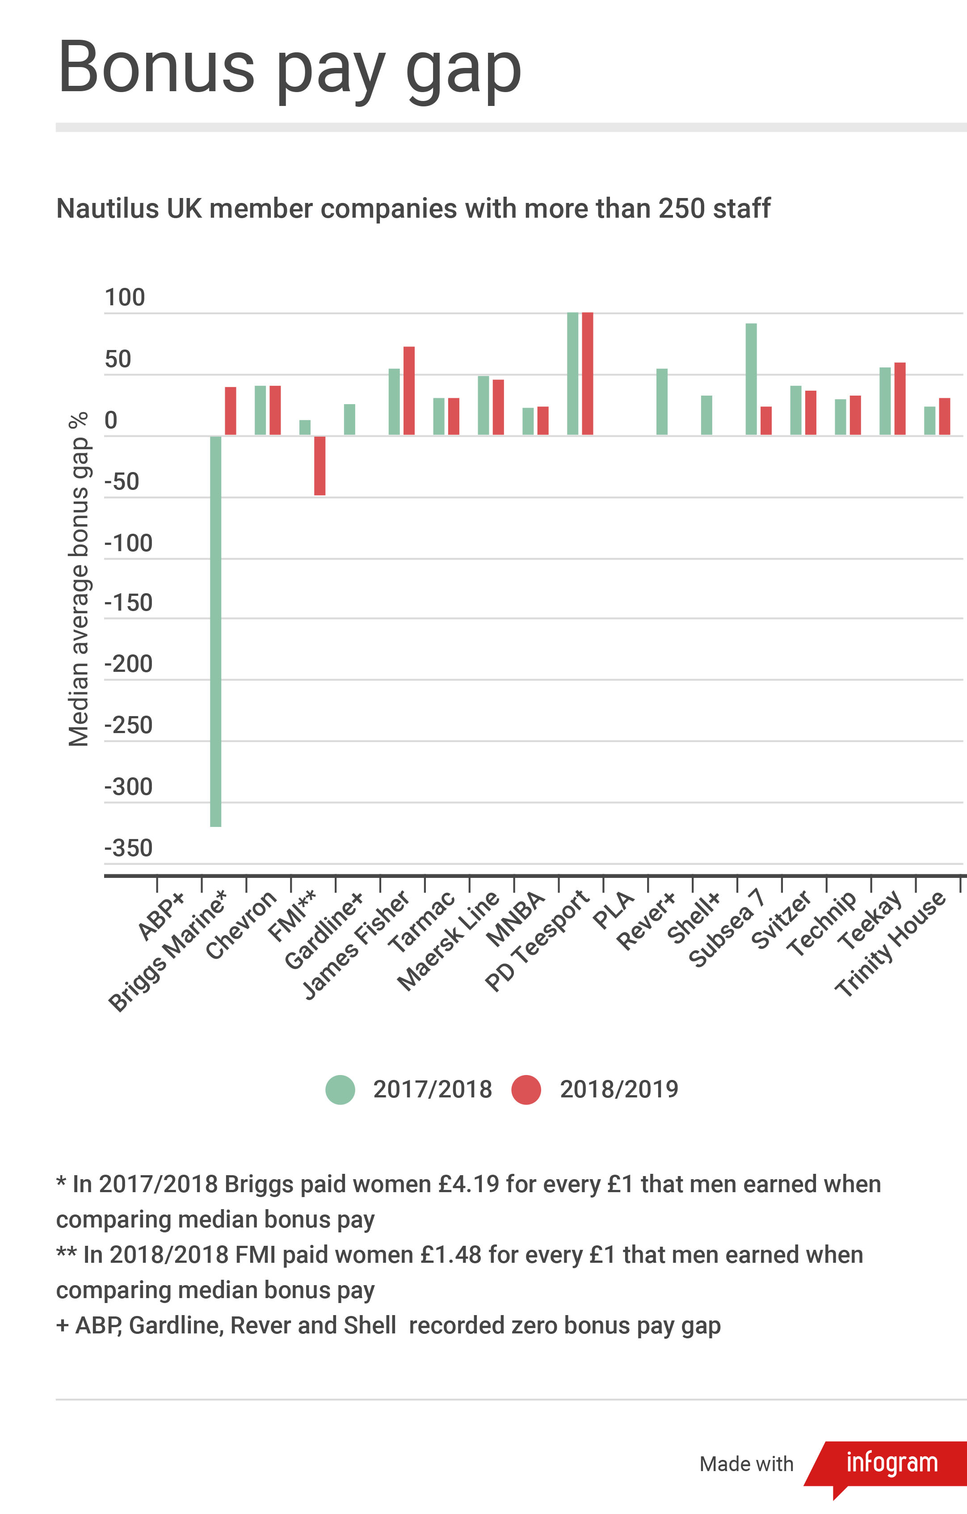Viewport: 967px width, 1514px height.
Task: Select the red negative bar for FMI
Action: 320,465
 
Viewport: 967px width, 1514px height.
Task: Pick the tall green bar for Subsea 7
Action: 751,379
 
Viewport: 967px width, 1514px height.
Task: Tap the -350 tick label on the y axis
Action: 128,848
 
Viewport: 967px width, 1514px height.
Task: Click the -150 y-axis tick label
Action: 128,602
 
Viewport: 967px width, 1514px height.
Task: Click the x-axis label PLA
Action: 613,910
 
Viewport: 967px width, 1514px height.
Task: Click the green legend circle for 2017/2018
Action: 340,1090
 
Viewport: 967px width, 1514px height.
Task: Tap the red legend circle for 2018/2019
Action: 526,1090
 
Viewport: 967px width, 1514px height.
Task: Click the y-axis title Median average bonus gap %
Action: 79,578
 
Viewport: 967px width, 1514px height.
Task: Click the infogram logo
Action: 891,1463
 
